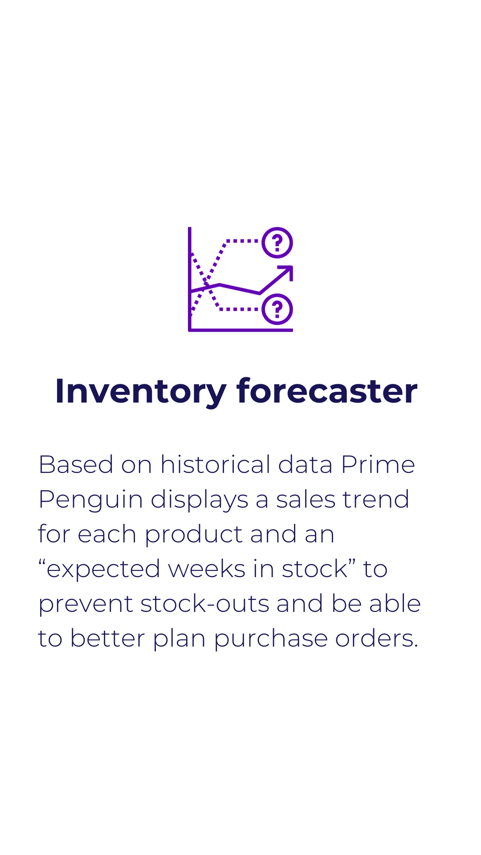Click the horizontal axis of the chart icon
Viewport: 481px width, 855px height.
[x=240, y=330]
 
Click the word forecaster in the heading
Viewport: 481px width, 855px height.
[x=327, y=391]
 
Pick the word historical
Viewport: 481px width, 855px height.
[x=216, y=464]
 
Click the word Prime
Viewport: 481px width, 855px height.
[x=378, y=465]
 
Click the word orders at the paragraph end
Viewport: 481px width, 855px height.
[x=377, y=639]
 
